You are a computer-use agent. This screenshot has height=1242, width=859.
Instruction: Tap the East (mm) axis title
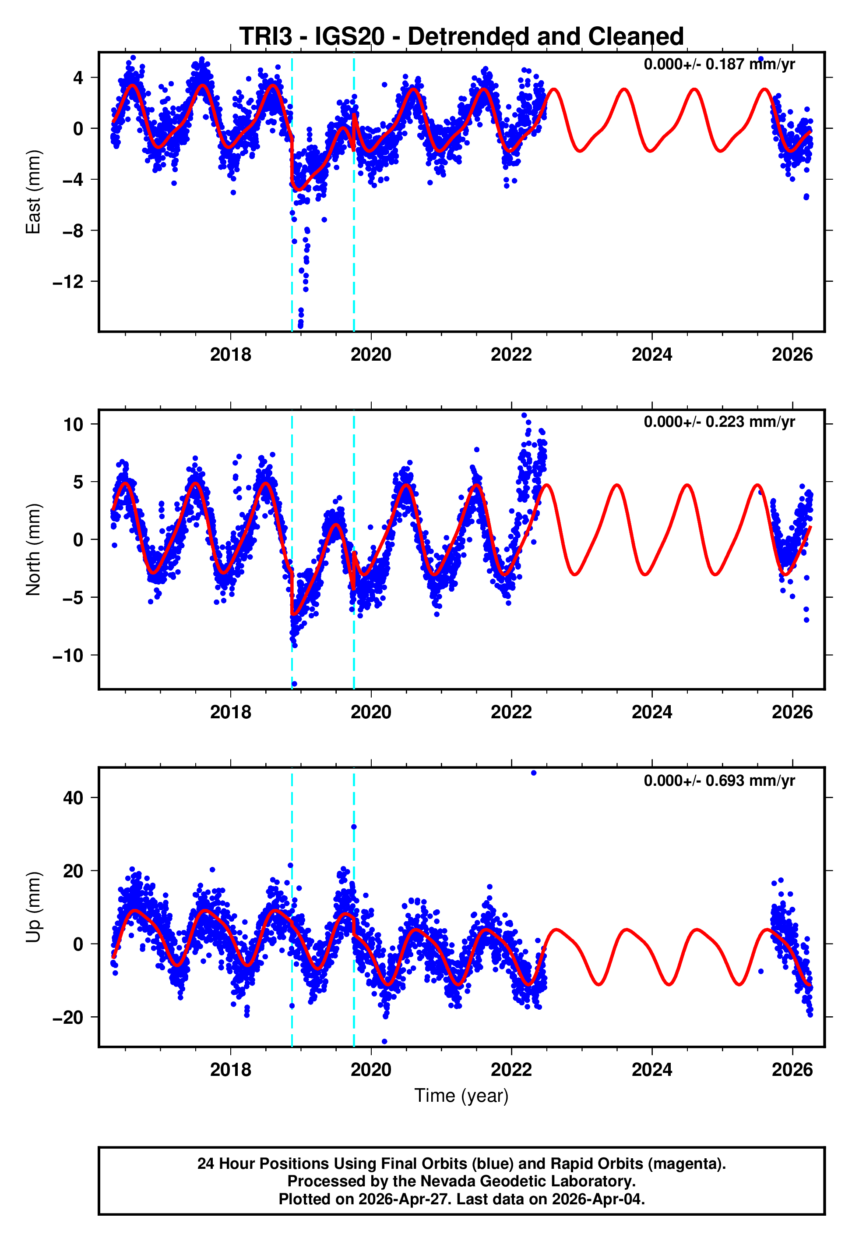click(x=33, y=192)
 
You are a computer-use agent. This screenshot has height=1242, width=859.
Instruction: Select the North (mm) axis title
click(x=33, y=550)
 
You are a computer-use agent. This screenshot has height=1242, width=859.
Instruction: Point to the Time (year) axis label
click(x=461, y=1096)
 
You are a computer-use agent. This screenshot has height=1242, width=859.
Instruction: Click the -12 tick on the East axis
click(x=68, y=282)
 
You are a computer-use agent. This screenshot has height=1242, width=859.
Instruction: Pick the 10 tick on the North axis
click(x=73, y=424)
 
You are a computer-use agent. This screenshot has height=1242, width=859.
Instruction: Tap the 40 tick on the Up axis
click(x=73, y=798)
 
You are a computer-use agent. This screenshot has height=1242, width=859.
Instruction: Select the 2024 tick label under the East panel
click(x=652, y=355)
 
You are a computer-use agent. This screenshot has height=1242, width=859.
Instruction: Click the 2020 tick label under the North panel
click(x=371, y=713)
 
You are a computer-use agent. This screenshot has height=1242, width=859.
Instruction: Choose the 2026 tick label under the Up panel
click(x=792, y=1070)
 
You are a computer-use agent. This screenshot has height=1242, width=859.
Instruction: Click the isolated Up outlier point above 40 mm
click(x=533, y=773)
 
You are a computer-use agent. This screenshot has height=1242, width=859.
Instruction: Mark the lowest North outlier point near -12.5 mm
click(x=294, y=684)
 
